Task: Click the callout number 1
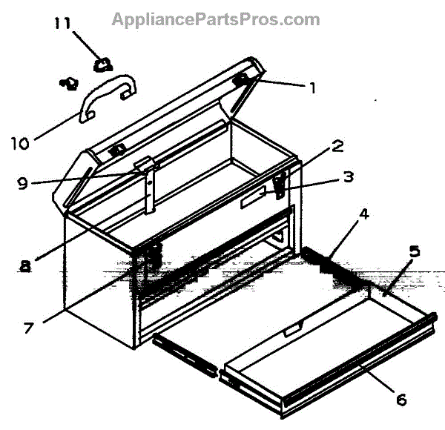pos(312,88)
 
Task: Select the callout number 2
pos(337,146)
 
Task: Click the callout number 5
pos(414,251)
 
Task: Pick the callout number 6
pos(400,400)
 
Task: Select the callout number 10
pos(20,142)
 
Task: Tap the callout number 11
pos(62,23)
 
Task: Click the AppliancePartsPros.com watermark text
pos(216,19)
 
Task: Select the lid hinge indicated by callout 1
pos(243,79)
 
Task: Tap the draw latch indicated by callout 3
pos(280,185)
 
